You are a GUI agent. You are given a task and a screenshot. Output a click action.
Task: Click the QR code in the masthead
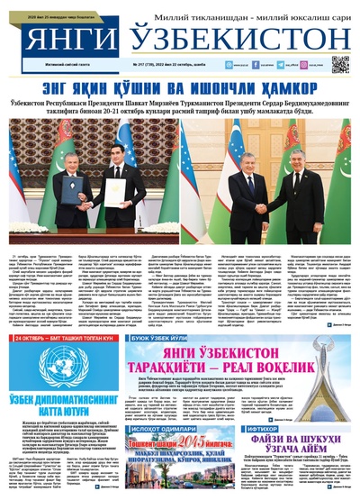coord(339,63)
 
